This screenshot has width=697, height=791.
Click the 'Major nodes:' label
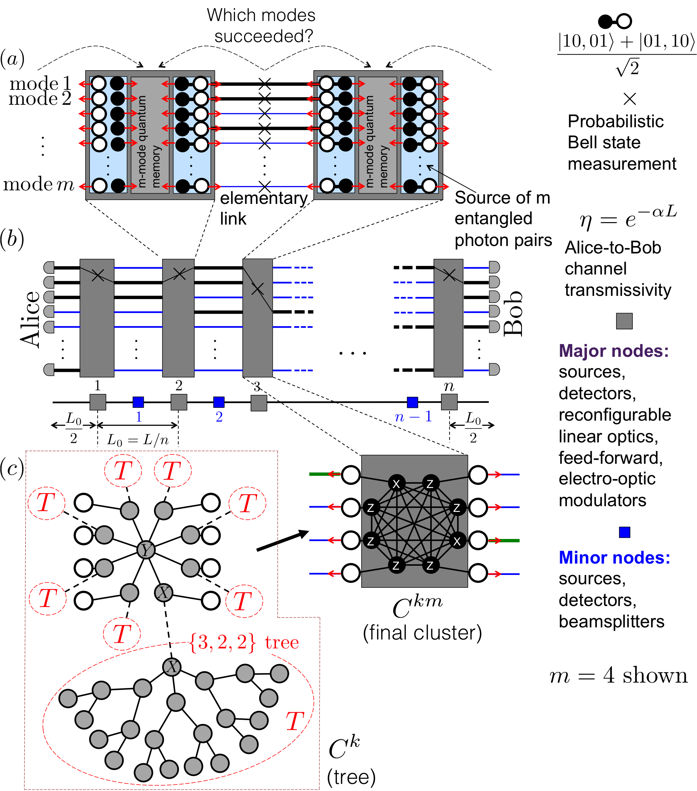pyautogui.click(x=614, y=351)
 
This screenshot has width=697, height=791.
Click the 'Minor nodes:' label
pyautogui.click(x=614, y=558)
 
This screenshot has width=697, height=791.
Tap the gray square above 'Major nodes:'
pyautogui.click(x=624, y=321)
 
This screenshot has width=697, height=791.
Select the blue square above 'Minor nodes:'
pyautogui.click(x=624, y=532)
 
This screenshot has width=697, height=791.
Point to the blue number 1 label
pyautogui.click(x=139, y=417)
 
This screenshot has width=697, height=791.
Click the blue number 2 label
pyautogui.click(x=219, y=417)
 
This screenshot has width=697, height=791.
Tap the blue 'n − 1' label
pyautogui.click(x=413, y=417)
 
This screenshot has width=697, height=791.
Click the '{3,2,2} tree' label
pyautogui.click(x=244, y=643)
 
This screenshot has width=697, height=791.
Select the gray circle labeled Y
pyautogui.click(x=146, y=550)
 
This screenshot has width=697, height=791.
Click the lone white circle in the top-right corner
pyautogui.click(x=624, y=21)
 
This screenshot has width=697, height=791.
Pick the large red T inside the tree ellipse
pyautogui.click(x=294, y=721)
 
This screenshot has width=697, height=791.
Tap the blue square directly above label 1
pyautogui.click(x=138, y=402)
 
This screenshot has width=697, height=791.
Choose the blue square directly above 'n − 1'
pyautogui.click(x=412, y=402)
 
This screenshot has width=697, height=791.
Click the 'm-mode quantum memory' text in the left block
pyautogui.click(x=149, y=141)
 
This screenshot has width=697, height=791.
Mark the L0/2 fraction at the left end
pyautogui.click(x=73, y=427)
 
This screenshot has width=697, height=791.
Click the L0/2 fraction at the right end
pyautogui.click(x=473, y=427)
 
